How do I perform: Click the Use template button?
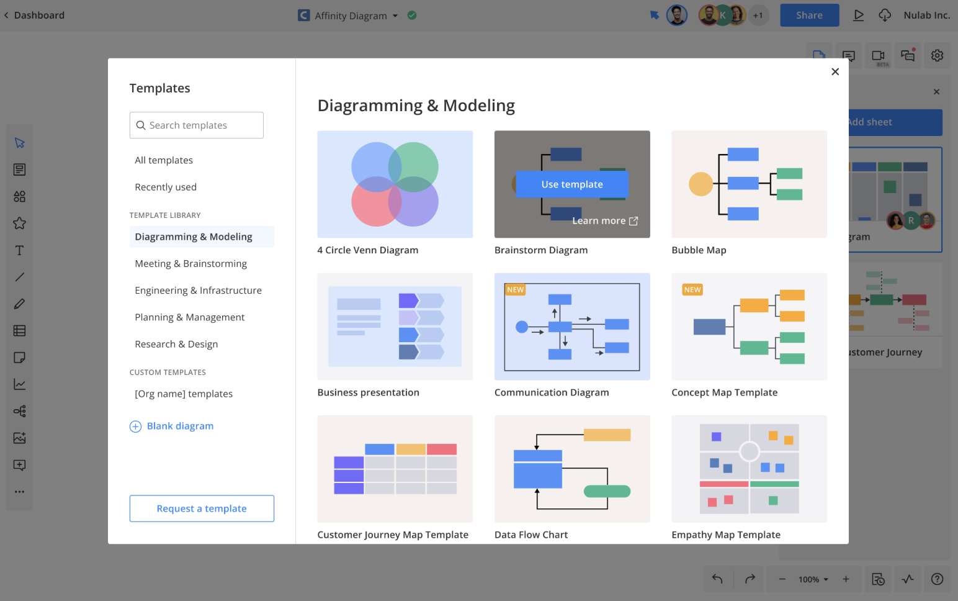572,184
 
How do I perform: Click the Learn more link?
605,220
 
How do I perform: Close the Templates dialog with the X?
835,71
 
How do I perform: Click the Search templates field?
196,125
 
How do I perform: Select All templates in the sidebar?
164,160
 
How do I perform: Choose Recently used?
166,187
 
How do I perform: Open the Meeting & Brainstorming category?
190,263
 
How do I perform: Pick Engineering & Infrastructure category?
198,290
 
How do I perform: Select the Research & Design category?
176,344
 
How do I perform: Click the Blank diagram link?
171,426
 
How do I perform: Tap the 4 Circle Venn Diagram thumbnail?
395,184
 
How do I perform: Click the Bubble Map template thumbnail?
749,184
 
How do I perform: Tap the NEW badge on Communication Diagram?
515,289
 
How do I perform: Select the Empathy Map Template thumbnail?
749,469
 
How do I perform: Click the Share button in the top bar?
809,16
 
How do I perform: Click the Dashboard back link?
34,16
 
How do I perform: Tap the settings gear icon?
937,56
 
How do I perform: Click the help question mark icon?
937,579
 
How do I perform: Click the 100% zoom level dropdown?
813,579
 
